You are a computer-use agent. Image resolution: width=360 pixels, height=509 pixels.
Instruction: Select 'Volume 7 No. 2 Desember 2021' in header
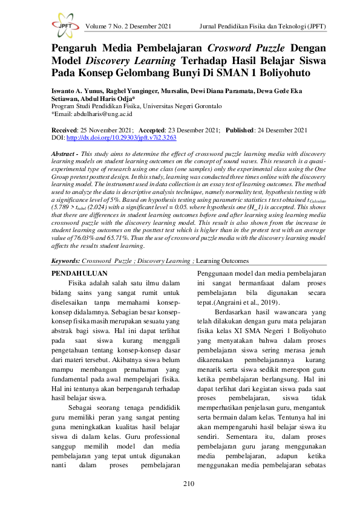[129, 27]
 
